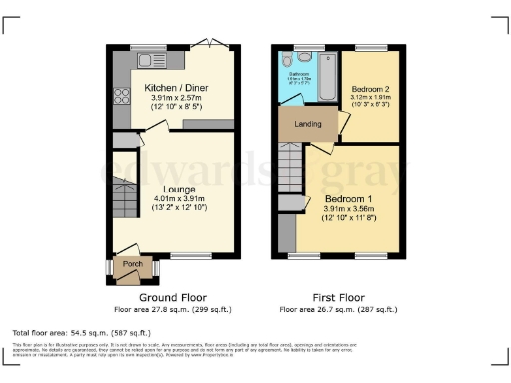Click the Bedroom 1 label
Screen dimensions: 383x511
[x=346, y=198]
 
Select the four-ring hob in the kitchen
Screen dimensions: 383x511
[x=121, y=96]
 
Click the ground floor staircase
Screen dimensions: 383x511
[x=122, y=198]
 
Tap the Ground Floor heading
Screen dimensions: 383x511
[x=174, y=297]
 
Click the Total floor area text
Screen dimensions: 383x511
[x=80, y=331]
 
